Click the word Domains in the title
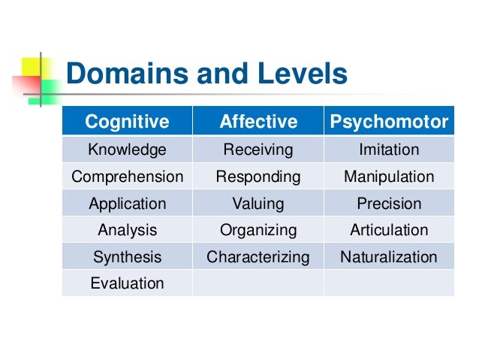[120, 74]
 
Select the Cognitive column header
[127, 121]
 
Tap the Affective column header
[258, 121]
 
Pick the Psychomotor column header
[389, 121]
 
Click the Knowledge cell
[127, 150]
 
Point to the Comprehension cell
[127, 177]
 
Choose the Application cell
[127, 204]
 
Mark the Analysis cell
[127, 230]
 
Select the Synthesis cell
[127, 257]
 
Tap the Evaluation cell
[127, 283]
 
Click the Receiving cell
[258, 150]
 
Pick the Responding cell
[258, 177]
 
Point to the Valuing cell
[258, 204]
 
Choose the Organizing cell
[258, 230]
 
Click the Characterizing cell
[258, 257]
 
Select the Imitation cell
[389, 150]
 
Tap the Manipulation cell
[389, 177]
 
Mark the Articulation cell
[389, 230]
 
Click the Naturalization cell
[389, 257]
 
